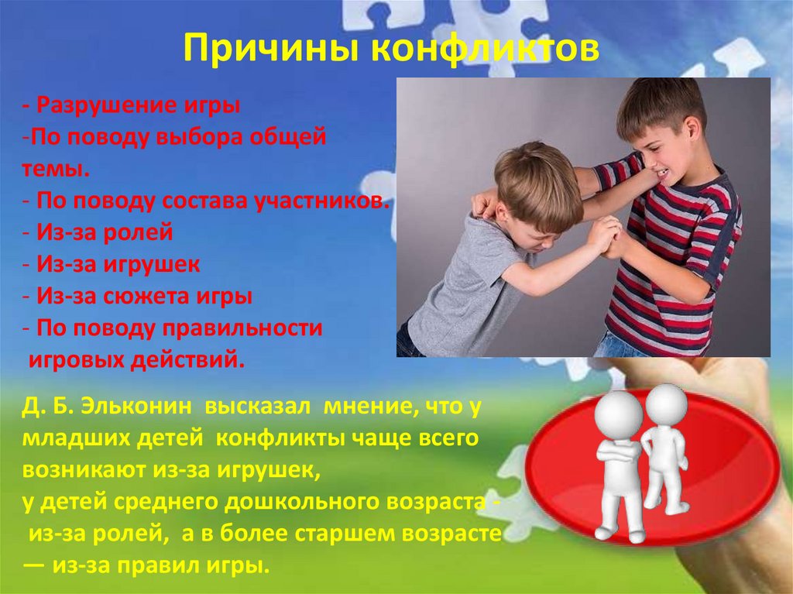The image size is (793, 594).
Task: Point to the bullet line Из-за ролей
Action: click(x=98, y=232)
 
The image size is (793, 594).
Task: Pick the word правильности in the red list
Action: click(x=242, y=328)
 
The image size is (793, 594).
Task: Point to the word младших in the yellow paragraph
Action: click(x=75, y=438)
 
